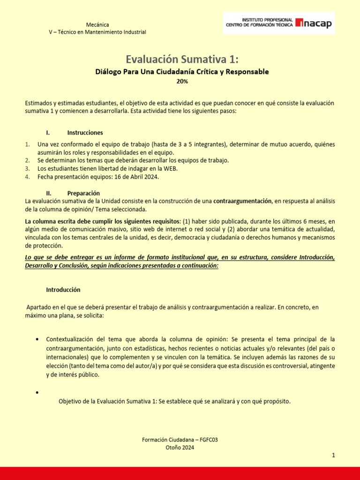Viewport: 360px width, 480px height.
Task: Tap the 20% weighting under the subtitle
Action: coord(182,81)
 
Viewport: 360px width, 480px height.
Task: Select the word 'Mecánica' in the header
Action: coord(98,24)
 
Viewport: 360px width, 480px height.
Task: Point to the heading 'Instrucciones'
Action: coord(85,133)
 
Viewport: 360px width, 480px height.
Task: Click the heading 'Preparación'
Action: coord(83,193)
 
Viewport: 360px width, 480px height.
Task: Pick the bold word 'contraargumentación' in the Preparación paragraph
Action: coord(242,201)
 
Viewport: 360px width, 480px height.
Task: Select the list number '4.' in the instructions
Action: coord(28,177)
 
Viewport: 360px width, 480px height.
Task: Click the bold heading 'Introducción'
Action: coord(63,290)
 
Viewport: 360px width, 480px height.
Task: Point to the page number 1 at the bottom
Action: coord(333,455)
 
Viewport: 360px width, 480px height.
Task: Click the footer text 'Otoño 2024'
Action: coord(180,447)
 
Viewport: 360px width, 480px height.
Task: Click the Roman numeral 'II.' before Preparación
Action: coord(48,193)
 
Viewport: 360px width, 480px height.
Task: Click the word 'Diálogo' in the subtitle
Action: coord(108,72)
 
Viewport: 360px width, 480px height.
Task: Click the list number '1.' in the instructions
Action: coord(28,144)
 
